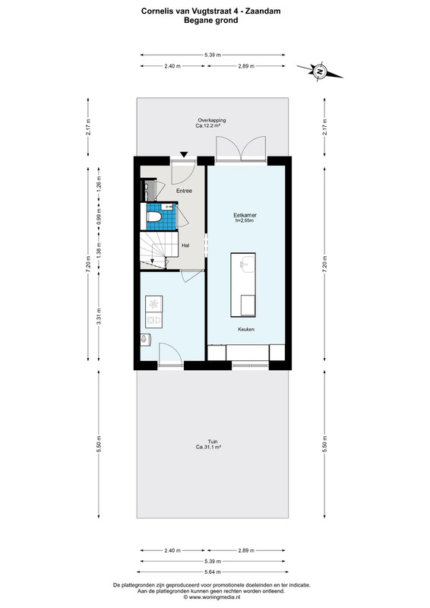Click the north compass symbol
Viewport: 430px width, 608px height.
[320, 71]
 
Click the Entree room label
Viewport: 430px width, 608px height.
[184, 191]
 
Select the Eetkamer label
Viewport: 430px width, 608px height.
[245, 215]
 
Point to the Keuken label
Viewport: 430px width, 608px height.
[246, 329]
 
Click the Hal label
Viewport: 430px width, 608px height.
[185, 245]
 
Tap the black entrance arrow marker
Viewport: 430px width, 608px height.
[184, 154]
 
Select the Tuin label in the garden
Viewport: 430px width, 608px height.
[213, 442]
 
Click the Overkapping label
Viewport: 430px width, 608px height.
[212, 120]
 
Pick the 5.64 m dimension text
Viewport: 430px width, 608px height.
[213, 572]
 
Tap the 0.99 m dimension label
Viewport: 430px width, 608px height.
[99, 218]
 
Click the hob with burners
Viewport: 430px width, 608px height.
[154, 304]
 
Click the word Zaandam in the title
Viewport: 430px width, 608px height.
[264, 11]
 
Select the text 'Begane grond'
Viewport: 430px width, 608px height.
[211, 21]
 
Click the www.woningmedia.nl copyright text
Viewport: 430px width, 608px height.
[213, 597]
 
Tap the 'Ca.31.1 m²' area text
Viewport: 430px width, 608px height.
[209, 447]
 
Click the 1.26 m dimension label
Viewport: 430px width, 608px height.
[99, 185]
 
